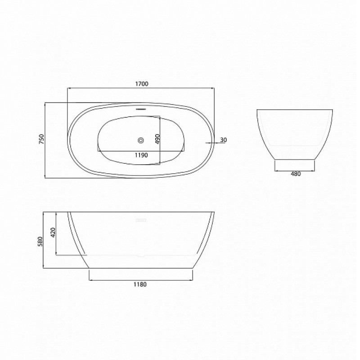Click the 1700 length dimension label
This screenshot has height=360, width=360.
point(142,84)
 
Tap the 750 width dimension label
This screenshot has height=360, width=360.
point(41,139)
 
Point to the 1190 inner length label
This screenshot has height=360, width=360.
point(141,155)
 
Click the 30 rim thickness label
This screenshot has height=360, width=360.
point(223,139)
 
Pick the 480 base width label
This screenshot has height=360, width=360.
point(296,174)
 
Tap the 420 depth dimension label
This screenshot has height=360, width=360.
point(53,232)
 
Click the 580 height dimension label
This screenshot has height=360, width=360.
point(40,241)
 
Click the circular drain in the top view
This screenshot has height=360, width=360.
point(141,140)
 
